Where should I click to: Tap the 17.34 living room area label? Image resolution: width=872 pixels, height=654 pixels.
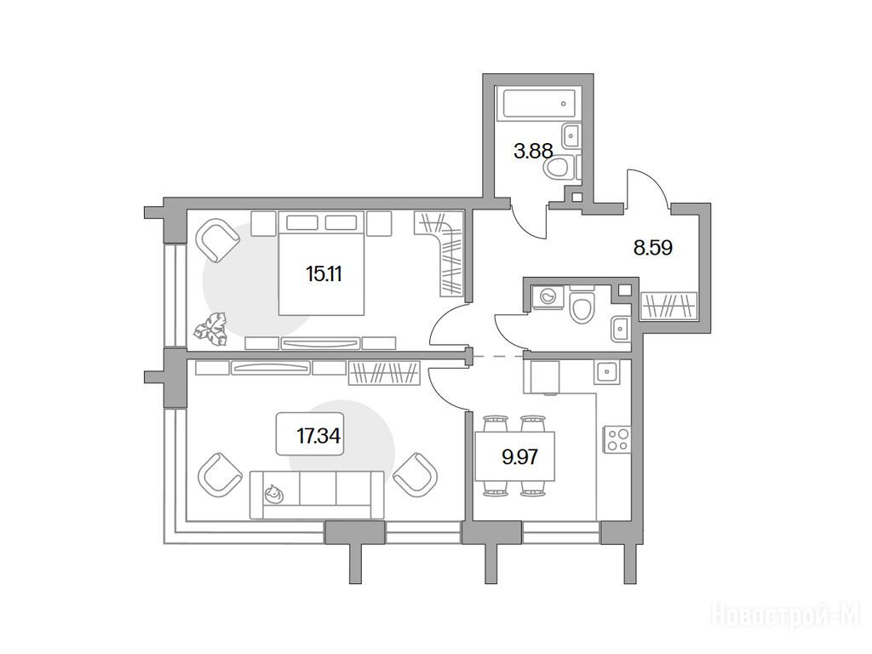318,435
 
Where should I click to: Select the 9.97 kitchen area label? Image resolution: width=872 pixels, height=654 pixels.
520,457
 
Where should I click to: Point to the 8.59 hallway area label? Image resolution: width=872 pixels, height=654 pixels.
653,248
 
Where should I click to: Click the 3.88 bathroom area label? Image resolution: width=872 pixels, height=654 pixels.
533,151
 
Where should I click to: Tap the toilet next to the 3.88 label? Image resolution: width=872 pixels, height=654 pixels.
561,168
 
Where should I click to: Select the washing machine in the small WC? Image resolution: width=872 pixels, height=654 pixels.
548,296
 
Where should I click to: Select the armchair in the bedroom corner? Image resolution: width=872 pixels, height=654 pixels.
217,239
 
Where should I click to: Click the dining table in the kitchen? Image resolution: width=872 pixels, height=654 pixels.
515,456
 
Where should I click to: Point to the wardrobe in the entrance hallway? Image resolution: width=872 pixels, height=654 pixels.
668,306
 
